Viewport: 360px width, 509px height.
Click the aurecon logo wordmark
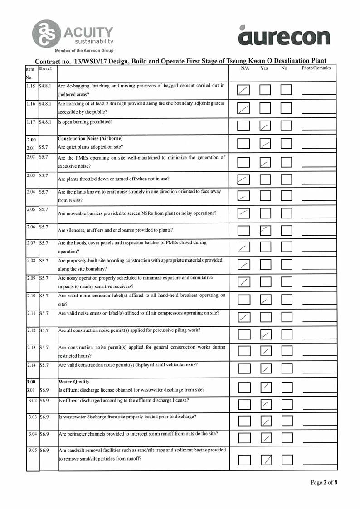(x=283, y=36)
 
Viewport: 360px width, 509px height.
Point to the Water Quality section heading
(x=74, y=382)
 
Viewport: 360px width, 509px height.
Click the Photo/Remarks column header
(x=316, y=68)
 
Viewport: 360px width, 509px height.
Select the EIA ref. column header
(x=45, y=68)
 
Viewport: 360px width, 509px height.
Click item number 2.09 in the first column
(x=31, y=278)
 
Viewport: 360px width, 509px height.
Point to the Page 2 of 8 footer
(x=324, y=482)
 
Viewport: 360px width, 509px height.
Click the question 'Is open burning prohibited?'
(x=85, y=121)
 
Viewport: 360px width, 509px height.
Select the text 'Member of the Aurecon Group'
(x=84, y=51)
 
